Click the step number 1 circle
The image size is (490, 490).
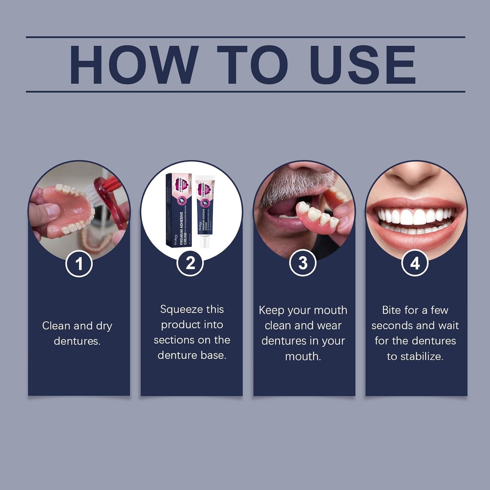pos(79,263)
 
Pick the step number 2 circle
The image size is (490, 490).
pos(190,263)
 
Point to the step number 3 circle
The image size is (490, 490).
pos(302,263)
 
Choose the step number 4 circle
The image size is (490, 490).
pos(415,263)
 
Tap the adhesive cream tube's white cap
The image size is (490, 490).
pos(204,241)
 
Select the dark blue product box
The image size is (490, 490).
pos(178,210)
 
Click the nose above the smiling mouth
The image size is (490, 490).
pos(415,175)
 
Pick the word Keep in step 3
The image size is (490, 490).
pos(271,310)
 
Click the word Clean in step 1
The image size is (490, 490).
pos(56,326)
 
